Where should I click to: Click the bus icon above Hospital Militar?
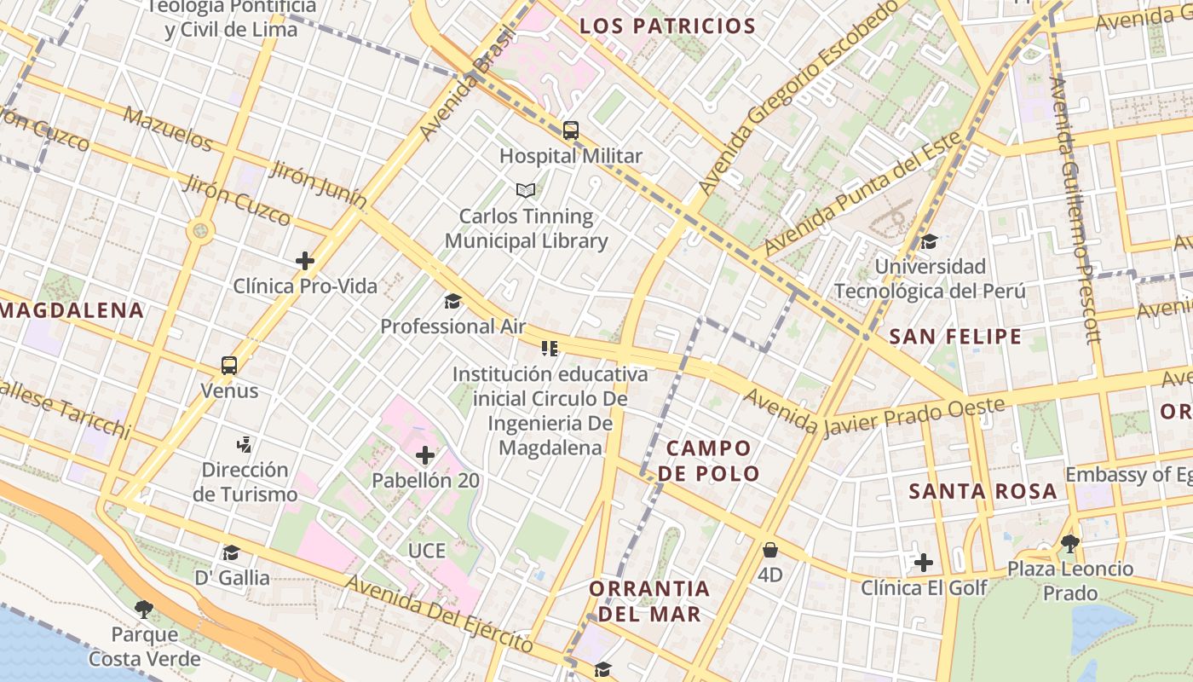571,130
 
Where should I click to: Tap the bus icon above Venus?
228,366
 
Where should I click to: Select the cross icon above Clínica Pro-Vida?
304,261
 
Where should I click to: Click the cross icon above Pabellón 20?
425,455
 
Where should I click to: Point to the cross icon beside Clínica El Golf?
924,563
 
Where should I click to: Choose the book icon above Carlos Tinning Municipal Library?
527,190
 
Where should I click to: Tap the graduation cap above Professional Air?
452,301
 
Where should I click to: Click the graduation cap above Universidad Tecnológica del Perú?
929,241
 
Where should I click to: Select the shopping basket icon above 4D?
770,550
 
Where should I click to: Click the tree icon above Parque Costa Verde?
144,609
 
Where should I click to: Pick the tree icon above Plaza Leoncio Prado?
1070,543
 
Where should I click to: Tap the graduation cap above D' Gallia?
231,552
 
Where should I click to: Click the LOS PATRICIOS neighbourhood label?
667,26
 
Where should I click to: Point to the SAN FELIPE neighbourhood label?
955,337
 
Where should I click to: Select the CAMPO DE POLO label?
709,460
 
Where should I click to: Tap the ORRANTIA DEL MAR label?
649,601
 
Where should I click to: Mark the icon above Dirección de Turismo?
245,443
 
